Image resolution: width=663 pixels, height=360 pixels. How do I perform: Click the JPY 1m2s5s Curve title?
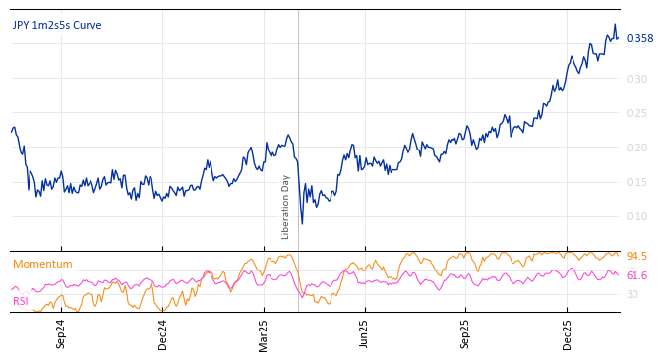click(57, 26)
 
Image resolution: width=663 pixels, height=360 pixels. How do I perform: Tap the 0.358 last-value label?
click(639, 39)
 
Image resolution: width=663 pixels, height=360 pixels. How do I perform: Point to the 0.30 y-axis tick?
click(636, 79)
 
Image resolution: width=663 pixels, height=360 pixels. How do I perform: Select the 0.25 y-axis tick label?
click(636, 113)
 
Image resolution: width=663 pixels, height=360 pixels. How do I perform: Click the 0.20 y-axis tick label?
click(636, 148)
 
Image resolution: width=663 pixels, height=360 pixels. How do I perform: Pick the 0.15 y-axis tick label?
click(636, 182)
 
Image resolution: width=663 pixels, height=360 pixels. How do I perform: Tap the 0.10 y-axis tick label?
click(636, 216)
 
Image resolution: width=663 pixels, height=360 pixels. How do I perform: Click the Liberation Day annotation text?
click(286, 207)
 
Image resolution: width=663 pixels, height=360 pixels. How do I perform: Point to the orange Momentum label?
click(42, 264)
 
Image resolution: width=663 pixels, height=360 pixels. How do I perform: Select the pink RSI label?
click(21, 301)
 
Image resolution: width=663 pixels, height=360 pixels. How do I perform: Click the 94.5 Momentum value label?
click(636, 256)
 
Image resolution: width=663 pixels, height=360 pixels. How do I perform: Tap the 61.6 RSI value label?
click(636, 276)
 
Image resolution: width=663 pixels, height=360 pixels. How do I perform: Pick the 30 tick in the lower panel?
click(633, 294)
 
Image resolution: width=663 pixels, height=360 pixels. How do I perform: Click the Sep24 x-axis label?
click(61, 333)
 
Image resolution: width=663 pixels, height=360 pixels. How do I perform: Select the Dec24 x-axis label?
click(163, 333)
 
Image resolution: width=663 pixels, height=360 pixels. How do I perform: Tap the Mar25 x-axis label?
click(264, 333)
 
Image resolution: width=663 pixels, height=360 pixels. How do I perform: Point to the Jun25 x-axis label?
click(364, 333)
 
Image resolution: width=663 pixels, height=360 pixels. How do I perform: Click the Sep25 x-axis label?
click(465, 333)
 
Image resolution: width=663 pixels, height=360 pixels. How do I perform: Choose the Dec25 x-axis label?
click(568, 333)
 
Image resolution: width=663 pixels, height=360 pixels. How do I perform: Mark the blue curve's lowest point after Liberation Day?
click(302, 223)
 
